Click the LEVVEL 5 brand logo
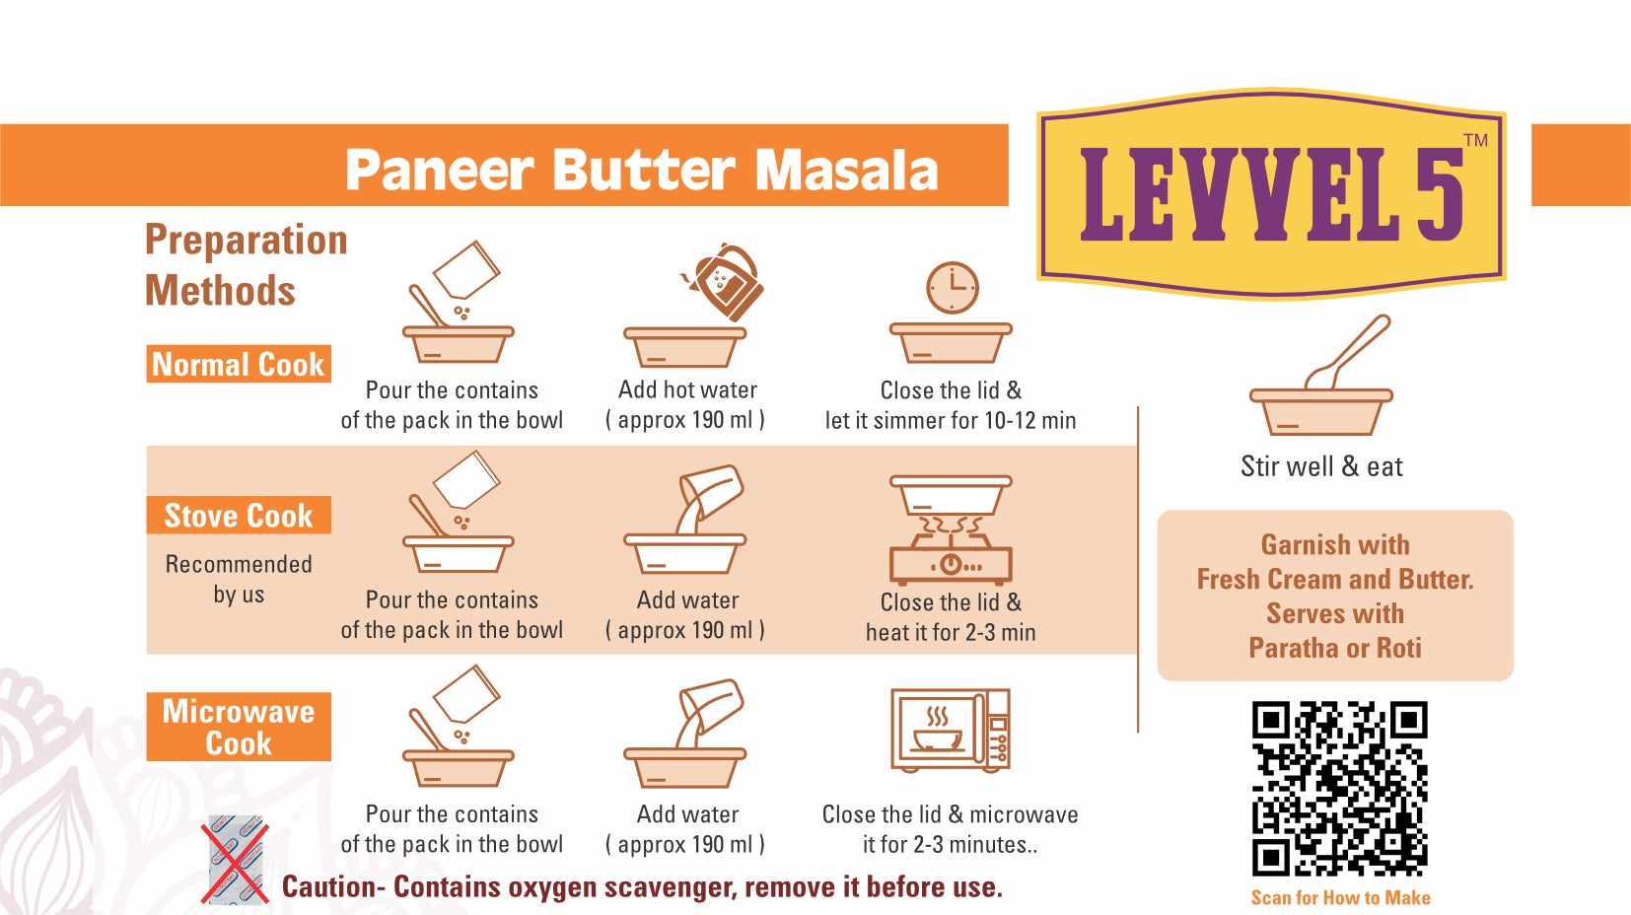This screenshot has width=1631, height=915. (x=1271, y=193)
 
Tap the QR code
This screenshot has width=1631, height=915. (x=1340, y=789)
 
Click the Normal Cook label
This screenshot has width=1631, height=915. (x=238, y=364)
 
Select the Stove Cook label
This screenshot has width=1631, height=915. (x=238, y=516)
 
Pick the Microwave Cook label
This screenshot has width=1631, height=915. (x=238, y=727)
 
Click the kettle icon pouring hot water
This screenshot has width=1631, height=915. (x=724, y=282)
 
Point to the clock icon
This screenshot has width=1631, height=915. (x=953, y=288)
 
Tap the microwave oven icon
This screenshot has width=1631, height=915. (x=951, y=730)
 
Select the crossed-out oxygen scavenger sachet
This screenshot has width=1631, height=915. (x=236, y=860)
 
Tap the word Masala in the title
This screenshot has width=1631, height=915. (x=846, y=171)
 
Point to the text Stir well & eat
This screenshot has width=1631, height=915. (x=1321, y=466)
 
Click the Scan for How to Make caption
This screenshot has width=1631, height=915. (x=1340, y=897)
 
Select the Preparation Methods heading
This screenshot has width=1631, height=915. (x=247, y=265)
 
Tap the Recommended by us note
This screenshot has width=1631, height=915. (x=239, y=580)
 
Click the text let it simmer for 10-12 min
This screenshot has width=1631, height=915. (x=951, y=420)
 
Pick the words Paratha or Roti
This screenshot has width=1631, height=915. (x=1334, y=647)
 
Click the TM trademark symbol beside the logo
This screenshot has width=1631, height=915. (x=1476, y=140)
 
